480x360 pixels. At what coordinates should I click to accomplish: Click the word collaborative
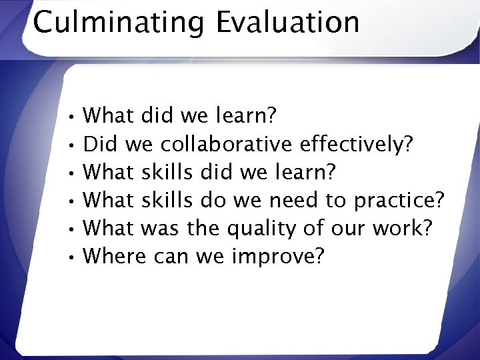(x=227, y=144)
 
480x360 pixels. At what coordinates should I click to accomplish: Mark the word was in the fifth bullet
(x=163, y=228)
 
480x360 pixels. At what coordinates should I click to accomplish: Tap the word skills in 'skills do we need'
(x=167, y=200)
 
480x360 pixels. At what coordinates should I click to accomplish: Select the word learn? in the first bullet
(x=247, y=116)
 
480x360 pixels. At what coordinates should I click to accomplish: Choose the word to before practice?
(x=339, y=200)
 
